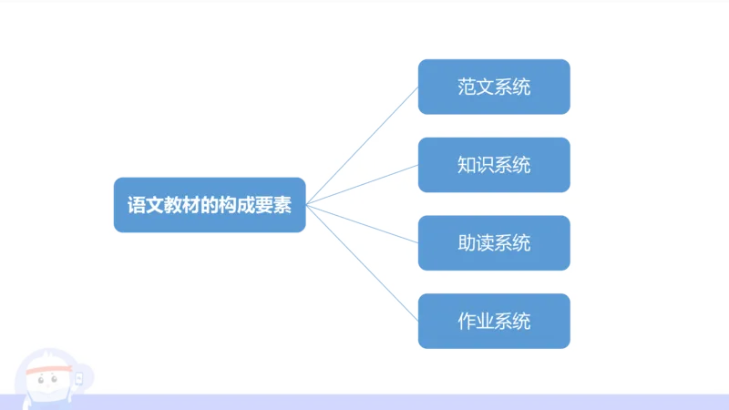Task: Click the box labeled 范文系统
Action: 494,87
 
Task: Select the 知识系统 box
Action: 494,165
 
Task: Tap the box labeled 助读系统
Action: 494,243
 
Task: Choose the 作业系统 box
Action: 494,321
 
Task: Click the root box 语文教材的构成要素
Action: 209,205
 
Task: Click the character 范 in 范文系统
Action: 467,87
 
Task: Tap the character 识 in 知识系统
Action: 485,165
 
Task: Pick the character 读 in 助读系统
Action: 485,243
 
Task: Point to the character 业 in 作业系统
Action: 485,321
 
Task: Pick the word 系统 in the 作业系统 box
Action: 512,321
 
